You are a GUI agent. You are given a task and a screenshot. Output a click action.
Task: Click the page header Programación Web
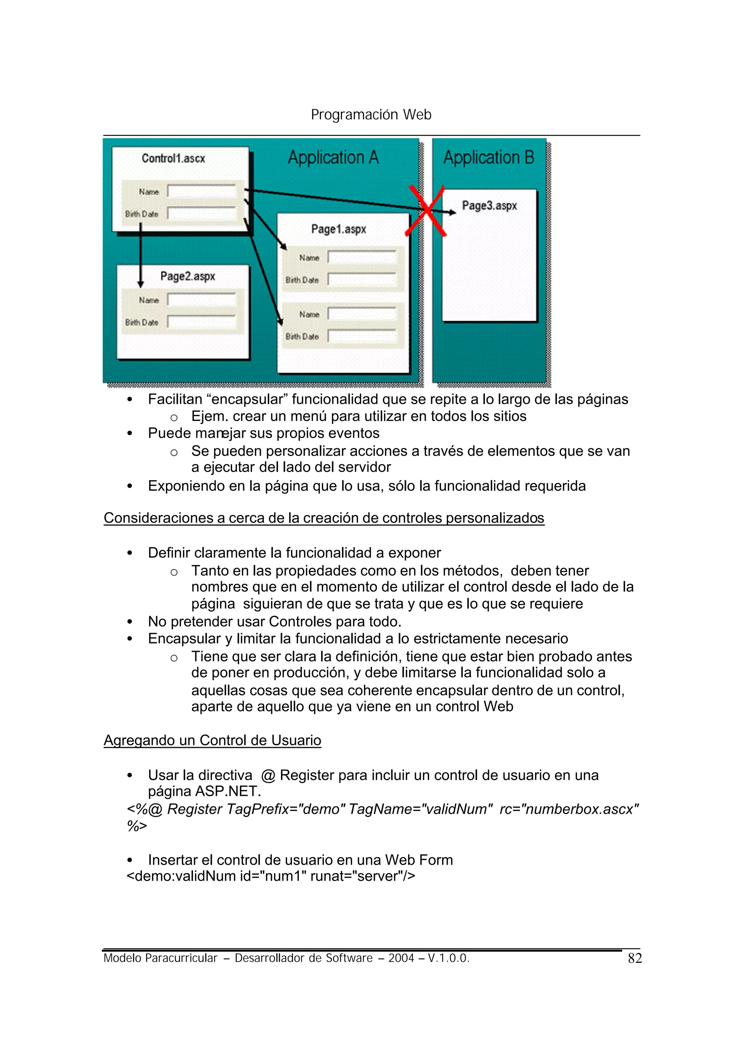(371, 114)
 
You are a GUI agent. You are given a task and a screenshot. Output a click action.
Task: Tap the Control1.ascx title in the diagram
(173, 158)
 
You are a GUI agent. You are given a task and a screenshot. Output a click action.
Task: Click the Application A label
(333, 158)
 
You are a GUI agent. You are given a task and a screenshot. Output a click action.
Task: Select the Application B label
(488, 158)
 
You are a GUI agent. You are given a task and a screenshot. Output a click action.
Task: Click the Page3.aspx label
(489, 206)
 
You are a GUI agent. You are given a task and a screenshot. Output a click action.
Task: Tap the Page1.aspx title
(339, 229)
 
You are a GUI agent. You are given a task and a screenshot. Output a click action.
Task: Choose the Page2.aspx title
(188, 276)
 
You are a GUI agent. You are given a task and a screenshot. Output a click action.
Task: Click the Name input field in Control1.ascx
(202, 191)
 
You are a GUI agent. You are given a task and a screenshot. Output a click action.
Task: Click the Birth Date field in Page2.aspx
(202, 322)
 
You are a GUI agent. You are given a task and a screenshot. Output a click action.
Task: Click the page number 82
(635, 959)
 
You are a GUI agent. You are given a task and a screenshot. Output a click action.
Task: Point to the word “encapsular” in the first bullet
(247, 399)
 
